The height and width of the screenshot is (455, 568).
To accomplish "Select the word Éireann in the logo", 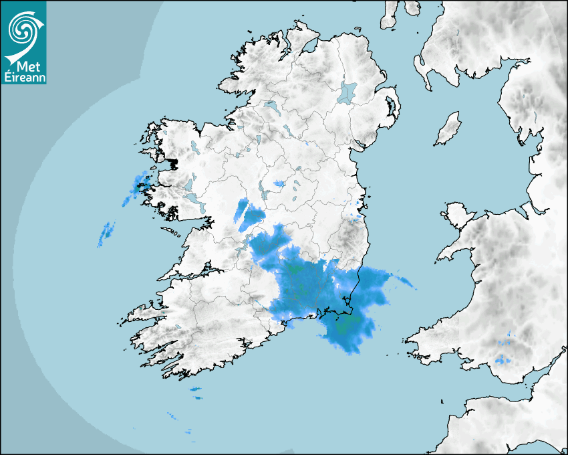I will pos(23,77).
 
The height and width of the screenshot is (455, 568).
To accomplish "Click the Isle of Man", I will pos(448,128).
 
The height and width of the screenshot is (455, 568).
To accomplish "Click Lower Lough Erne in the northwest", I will pos(271,106).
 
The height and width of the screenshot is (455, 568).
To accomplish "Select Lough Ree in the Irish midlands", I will pos(264,194).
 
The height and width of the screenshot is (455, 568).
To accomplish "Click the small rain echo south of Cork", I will pos(195,389).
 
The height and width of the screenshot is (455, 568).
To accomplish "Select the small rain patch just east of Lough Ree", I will pos(279,183).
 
